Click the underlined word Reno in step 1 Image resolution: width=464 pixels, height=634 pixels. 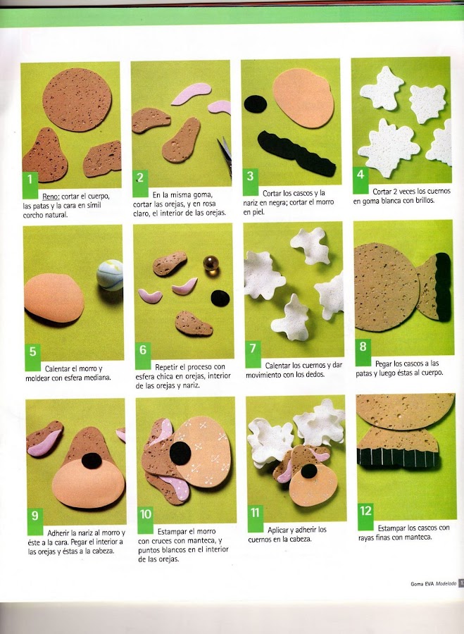[51, 197]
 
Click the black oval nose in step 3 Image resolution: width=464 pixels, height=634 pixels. [256, 104]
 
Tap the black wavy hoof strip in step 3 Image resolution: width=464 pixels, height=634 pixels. [296, 154]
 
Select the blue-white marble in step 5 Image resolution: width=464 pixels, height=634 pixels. [110, 275]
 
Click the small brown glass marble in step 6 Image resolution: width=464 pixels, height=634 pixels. [211, 263]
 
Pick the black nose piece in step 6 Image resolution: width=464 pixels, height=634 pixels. [220, 298]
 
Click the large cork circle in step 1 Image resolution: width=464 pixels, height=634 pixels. [77, 99]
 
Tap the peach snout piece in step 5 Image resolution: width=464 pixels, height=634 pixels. [54, 298]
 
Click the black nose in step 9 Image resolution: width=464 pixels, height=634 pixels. [92, 461]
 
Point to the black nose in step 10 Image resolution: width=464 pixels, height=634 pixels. [180, 453]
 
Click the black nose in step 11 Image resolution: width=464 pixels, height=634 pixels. [309, 471]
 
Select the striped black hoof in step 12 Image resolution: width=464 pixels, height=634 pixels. [397, 458]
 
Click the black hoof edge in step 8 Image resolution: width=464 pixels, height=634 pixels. [444, 286]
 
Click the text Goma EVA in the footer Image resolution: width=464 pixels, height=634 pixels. [422, 583]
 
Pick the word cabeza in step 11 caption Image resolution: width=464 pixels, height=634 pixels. [299, 539]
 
